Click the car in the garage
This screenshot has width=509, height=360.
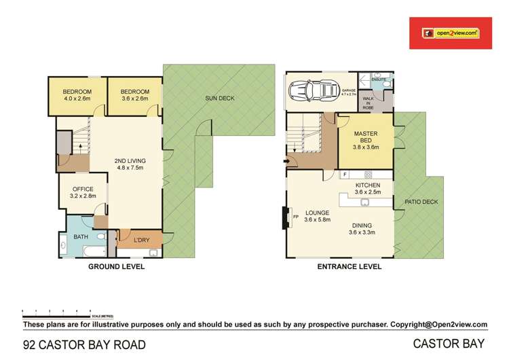click(x=310, y=90)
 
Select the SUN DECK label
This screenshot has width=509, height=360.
click(x=219, y=99)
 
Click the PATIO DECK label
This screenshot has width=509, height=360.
click(x=421, y=202)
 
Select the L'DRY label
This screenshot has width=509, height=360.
click(x=142, y=240)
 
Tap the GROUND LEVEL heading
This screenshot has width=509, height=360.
click(x=116, y=267)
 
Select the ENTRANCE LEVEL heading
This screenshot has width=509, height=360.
click(x=349, y=267)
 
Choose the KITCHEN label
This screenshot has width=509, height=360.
click(x=367, y=185)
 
